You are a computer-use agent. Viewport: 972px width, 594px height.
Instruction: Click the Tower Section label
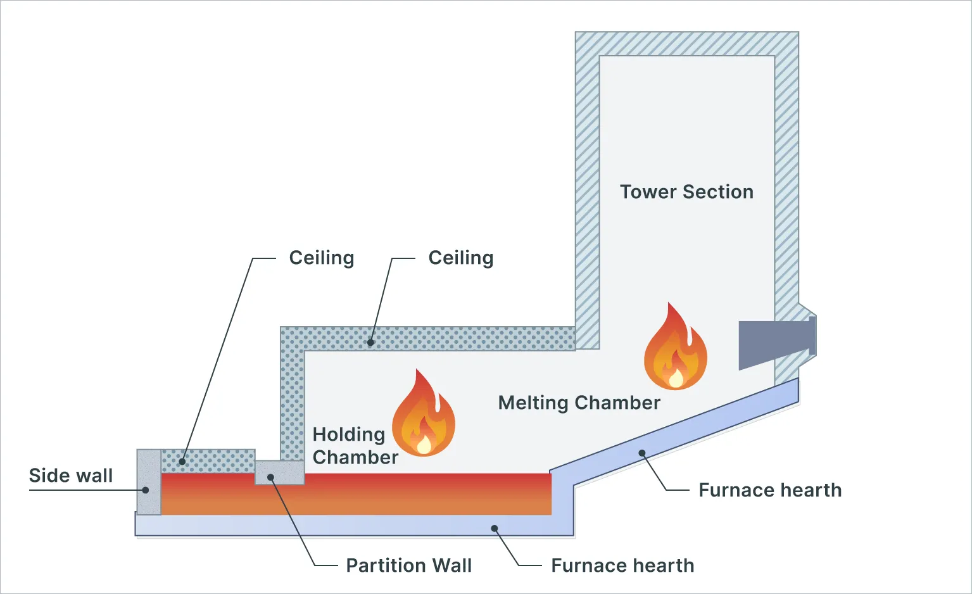(x=686, y=192)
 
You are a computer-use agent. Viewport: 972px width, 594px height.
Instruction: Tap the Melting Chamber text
(x=579, y=403)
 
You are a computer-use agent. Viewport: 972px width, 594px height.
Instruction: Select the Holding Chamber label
(x=355, y=446)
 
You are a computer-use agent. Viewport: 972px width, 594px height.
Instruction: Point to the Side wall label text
(x=71, y=476)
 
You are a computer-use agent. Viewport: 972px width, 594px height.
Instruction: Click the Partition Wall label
(x=408, y=566)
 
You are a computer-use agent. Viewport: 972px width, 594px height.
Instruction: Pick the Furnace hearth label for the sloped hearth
(x=770, y=490)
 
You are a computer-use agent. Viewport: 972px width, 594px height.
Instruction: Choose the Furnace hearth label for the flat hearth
(x=622, y=566)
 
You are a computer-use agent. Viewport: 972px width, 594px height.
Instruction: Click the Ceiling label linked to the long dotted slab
(x=460, y=258)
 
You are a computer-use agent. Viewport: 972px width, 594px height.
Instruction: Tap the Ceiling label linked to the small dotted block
(x=322, y=258)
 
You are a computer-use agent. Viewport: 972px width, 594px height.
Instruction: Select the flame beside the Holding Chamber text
(x=423, y=415)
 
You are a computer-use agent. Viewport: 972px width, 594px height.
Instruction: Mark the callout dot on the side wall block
(x=146, y=490)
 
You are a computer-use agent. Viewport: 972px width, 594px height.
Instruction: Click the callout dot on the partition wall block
(x=270, y=477)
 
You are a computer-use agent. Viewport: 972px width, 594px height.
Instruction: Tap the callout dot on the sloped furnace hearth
(x=641, y=453)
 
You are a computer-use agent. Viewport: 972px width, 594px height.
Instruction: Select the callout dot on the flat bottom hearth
(x=495, y=528)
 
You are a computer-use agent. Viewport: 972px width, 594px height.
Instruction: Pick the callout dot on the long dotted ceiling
(x=370, y=343)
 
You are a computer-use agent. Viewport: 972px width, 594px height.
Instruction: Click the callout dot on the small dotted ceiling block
(x=182, y=462)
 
